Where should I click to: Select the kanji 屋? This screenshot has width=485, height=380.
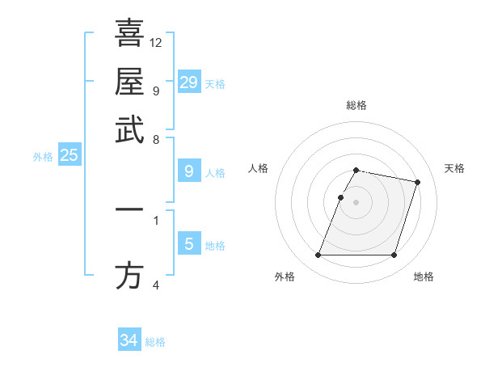(129, 82)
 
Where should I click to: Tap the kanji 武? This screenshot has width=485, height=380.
(129, 130)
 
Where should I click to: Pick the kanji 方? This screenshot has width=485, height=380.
(129, 277)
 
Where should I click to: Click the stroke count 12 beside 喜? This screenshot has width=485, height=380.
(156, 42)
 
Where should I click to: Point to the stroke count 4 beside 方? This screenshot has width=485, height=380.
(156, 285)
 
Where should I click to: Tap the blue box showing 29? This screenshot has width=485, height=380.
(188, 82)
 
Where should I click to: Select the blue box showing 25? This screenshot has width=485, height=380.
(69, 155)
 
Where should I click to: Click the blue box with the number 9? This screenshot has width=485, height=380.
(188, 171)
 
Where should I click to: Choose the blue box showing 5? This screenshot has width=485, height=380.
(188, 243)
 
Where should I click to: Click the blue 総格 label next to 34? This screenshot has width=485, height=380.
(155, 342)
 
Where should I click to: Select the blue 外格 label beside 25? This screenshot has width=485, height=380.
(43, 157)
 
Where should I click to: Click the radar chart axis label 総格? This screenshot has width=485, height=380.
(356, 105)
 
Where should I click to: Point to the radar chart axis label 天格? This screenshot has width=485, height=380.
(454, 168)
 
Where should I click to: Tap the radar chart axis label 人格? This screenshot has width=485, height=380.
(259, 168)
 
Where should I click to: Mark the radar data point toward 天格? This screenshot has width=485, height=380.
(417, 183)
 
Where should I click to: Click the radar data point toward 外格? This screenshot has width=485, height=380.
(318, 255)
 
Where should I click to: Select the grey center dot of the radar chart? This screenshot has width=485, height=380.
(356, 202)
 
